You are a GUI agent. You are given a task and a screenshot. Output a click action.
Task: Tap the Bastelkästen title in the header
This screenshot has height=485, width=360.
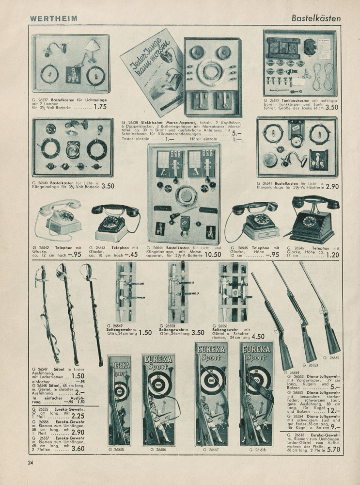(x=316, y=18)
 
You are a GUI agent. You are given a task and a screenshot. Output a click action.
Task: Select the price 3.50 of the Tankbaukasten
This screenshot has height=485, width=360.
(x=331, y=108)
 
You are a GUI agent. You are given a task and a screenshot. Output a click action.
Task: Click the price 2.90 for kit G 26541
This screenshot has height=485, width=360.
(x=333, y=186)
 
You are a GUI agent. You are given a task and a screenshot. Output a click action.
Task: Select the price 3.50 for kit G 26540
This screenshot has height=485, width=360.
(x=107, y=186)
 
